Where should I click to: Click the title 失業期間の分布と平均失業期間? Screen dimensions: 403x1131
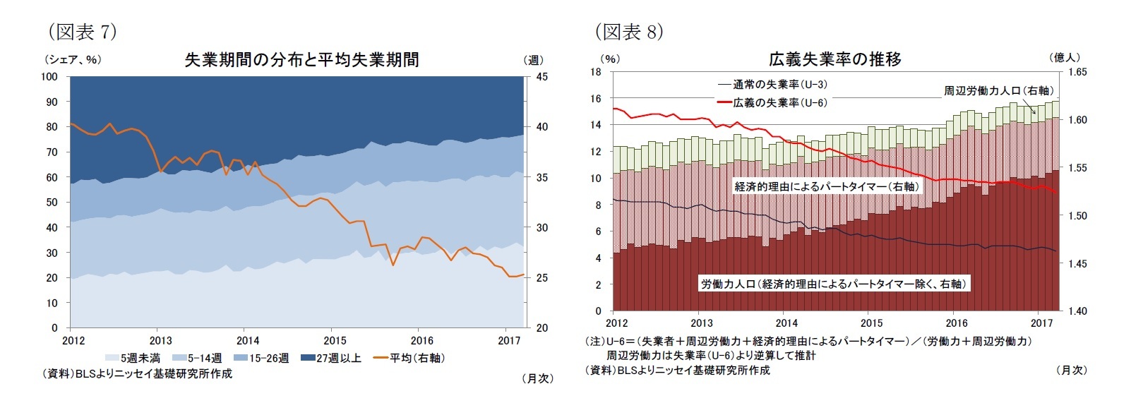301,60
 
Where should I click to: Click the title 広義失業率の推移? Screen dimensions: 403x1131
834,59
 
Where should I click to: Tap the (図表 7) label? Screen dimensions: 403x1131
81,32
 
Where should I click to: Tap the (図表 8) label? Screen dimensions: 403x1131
628,32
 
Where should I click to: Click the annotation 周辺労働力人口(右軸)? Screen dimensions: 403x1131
998,91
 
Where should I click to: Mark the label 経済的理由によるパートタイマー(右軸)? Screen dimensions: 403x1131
827,187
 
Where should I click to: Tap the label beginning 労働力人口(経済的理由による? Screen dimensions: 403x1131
833,284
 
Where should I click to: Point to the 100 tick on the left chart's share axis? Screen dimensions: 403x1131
49,76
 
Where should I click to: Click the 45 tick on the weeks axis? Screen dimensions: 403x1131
541,76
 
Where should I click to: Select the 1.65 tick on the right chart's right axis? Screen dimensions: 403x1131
1077,72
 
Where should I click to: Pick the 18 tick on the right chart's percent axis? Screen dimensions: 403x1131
596,72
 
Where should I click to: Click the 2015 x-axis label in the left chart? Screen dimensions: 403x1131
335,341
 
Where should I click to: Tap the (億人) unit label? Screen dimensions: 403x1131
1065,58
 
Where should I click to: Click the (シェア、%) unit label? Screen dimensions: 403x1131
73,60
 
